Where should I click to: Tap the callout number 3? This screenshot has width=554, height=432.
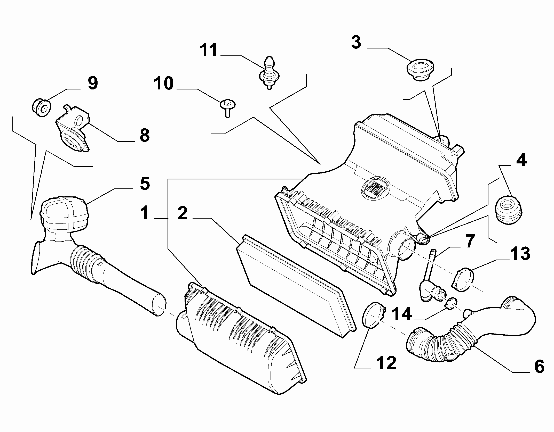tap(356, 42)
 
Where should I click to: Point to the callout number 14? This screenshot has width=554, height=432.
tap(402, 314)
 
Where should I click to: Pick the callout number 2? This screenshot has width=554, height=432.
tap(182, 213)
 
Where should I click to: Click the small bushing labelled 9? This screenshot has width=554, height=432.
tap(41, 107)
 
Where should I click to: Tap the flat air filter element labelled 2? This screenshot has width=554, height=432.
tap(295, 286)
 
